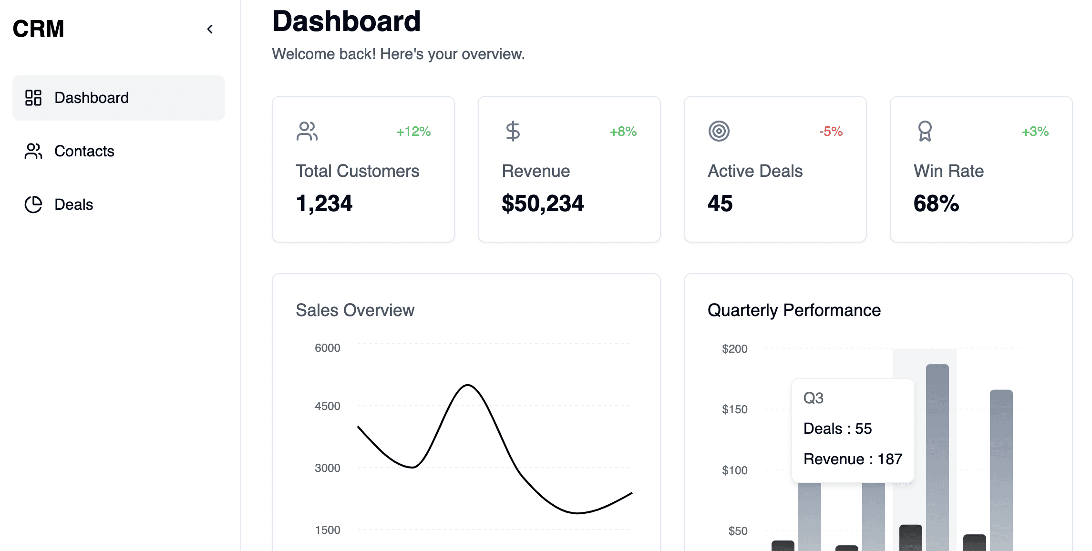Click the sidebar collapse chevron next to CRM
point(210,29)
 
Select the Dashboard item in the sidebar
point(119,98)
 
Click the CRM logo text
point(38,29)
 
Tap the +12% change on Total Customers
point(413,132)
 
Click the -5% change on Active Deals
point(831,132)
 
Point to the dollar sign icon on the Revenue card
point(513,131)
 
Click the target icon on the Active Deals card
point(719,131)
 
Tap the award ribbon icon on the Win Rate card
point(925,131)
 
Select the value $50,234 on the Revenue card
point(542,204)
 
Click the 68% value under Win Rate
point(936,204)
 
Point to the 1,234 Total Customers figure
point(324,204)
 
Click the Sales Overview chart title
point(355,310)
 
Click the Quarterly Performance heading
point(794,310)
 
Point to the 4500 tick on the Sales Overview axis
point(328,406)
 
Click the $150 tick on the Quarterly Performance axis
point(734,409)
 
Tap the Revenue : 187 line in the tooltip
point(853,459)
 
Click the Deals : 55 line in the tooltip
point(837,429)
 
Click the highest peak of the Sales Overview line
point(468,385)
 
